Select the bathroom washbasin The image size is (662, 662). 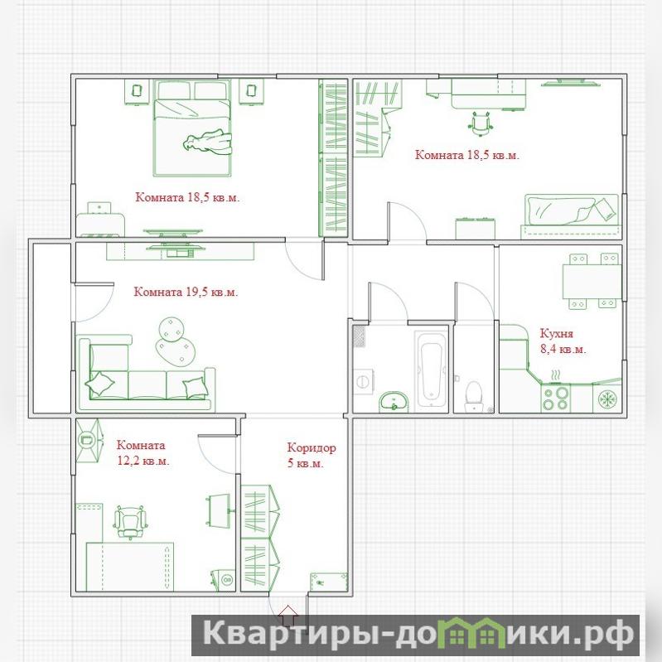[394, 402]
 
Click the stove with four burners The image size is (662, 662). [556, 398]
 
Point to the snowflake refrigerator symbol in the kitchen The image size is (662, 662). [607, 399]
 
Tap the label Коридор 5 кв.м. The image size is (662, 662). [312, 455]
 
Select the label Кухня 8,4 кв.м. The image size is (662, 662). [563, 341]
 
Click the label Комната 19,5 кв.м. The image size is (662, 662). [186, 292]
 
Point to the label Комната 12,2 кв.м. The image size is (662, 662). [143, 453]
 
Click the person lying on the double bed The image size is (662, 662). [208, 142]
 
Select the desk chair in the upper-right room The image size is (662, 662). [481, 123]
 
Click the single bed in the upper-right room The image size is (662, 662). [571, 216]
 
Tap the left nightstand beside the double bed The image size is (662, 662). [137, 91]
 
